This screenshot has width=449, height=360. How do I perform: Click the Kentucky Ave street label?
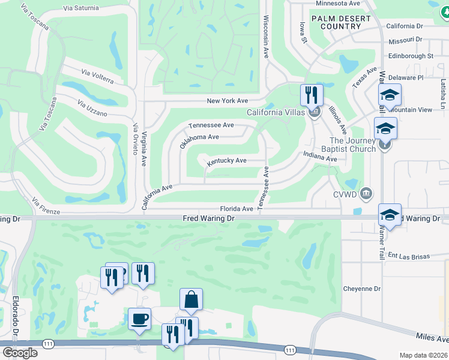click(227, 161)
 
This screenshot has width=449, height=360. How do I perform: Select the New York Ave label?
click(228, 101)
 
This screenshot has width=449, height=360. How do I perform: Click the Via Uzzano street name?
click(92, 109)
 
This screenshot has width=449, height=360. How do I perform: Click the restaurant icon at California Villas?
click(312, 95)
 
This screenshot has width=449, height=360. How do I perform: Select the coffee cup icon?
click(140, 319)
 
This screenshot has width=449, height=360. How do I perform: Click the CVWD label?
click(345, 194)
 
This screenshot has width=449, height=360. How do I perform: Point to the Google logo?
click(20, 352)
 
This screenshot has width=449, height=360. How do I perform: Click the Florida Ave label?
click(237, 209)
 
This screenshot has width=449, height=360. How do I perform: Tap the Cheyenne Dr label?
click(362, 288)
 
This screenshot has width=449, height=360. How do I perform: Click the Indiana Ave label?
click(320, 158)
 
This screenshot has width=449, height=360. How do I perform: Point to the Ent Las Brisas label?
click(410, 256)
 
